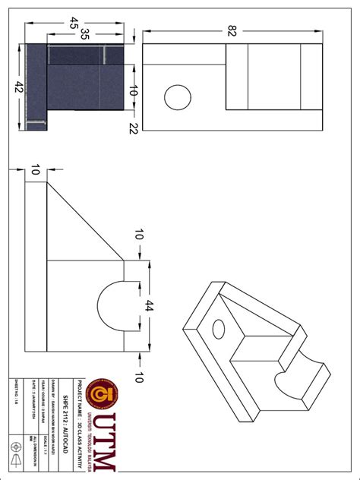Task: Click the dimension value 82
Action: pyautogui.click(x=229, y=30)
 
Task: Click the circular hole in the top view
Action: pyautogui.click(x=178, y=98)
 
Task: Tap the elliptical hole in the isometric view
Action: pyautogui.click(x=219, y=328)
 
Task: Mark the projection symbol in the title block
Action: pyautogui.click(x=16, y=452)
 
